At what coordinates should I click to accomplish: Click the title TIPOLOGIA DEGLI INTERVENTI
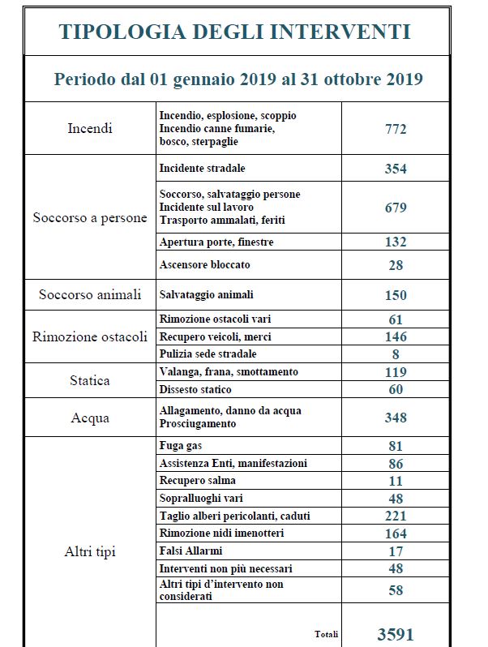(x=235, y=32)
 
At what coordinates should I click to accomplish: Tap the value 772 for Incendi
(x=396, y=129)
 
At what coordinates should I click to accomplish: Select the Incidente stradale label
(x=203, y=169)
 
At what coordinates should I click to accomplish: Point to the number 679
(x=396, y=208)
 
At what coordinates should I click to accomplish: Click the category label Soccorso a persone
(x=90, y=218)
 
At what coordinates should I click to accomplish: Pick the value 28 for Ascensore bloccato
(x=396, y=265)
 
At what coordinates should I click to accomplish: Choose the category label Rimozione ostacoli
(x=90, y=336)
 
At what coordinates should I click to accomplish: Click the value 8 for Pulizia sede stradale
(x=396, y=353)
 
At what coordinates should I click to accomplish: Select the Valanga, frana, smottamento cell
(x=229, y=371)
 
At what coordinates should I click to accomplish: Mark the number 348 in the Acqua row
(x=396, y=418)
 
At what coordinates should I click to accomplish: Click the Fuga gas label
(x=181, y=446)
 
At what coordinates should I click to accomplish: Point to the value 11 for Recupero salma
(x=396, y=481)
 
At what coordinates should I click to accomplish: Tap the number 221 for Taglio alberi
(x=396, y=516)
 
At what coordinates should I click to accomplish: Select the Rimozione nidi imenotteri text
(x=221, y=533)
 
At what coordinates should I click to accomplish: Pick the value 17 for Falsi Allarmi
(x=396, y=551)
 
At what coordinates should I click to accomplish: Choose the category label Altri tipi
(x=90, y=552)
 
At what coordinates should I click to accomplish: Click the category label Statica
(x=90, y=380)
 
